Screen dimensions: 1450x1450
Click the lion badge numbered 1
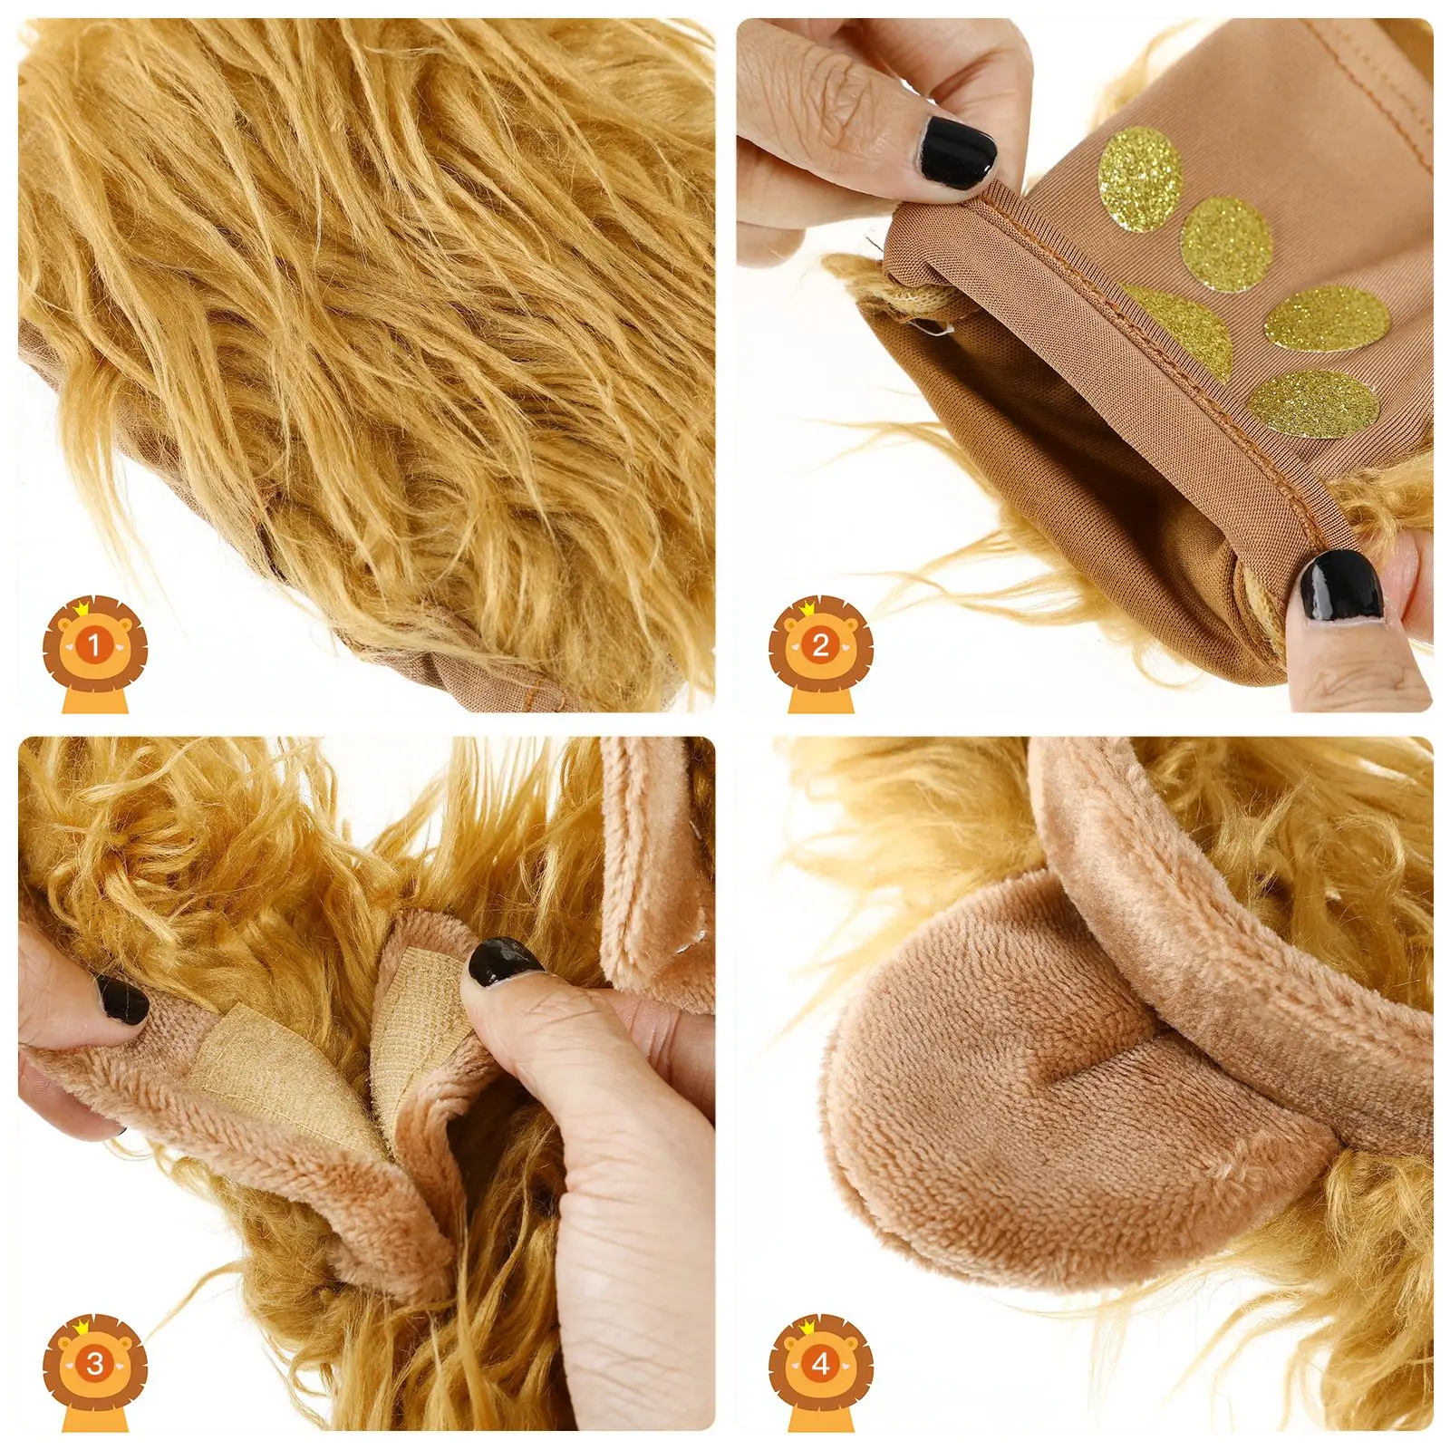(94, 646)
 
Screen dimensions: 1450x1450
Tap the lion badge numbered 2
(820, 646)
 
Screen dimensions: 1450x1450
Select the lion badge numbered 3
(94, 1364)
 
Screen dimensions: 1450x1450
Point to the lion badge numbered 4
(820, 1364)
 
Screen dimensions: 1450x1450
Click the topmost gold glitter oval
(1140, 179)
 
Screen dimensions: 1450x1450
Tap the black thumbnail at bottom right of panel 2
(1339, 590)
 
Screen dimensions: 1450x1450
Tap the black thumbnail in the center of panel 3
(503, 961)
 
